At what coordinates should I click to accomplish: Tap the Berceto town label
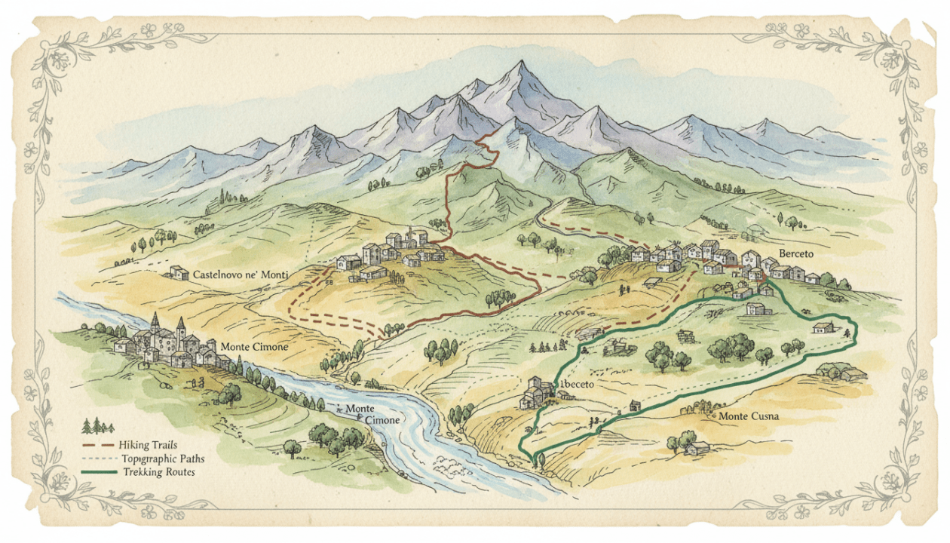(x=797, y=255)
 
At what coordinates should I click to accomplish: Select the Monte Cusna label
(x=748, y=416)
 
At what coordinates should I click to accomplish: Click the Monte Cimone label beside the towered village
(x=254, y=347)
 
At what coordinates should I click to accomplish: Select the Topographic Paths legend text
(x=162, y=459)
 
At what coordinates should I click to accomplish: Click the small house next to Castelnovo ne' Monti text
(x=179, y=272)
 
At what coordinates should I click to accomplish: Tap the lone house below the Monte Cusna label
(x=697, y=448)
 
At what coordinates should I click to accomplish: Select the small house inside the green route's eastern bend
(x=823, y=327)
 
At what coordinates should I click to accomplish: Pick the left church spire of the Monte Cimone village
(x=155, y=323)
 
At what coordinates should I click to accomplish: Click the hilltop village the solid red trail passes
(x=392, y=253)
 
